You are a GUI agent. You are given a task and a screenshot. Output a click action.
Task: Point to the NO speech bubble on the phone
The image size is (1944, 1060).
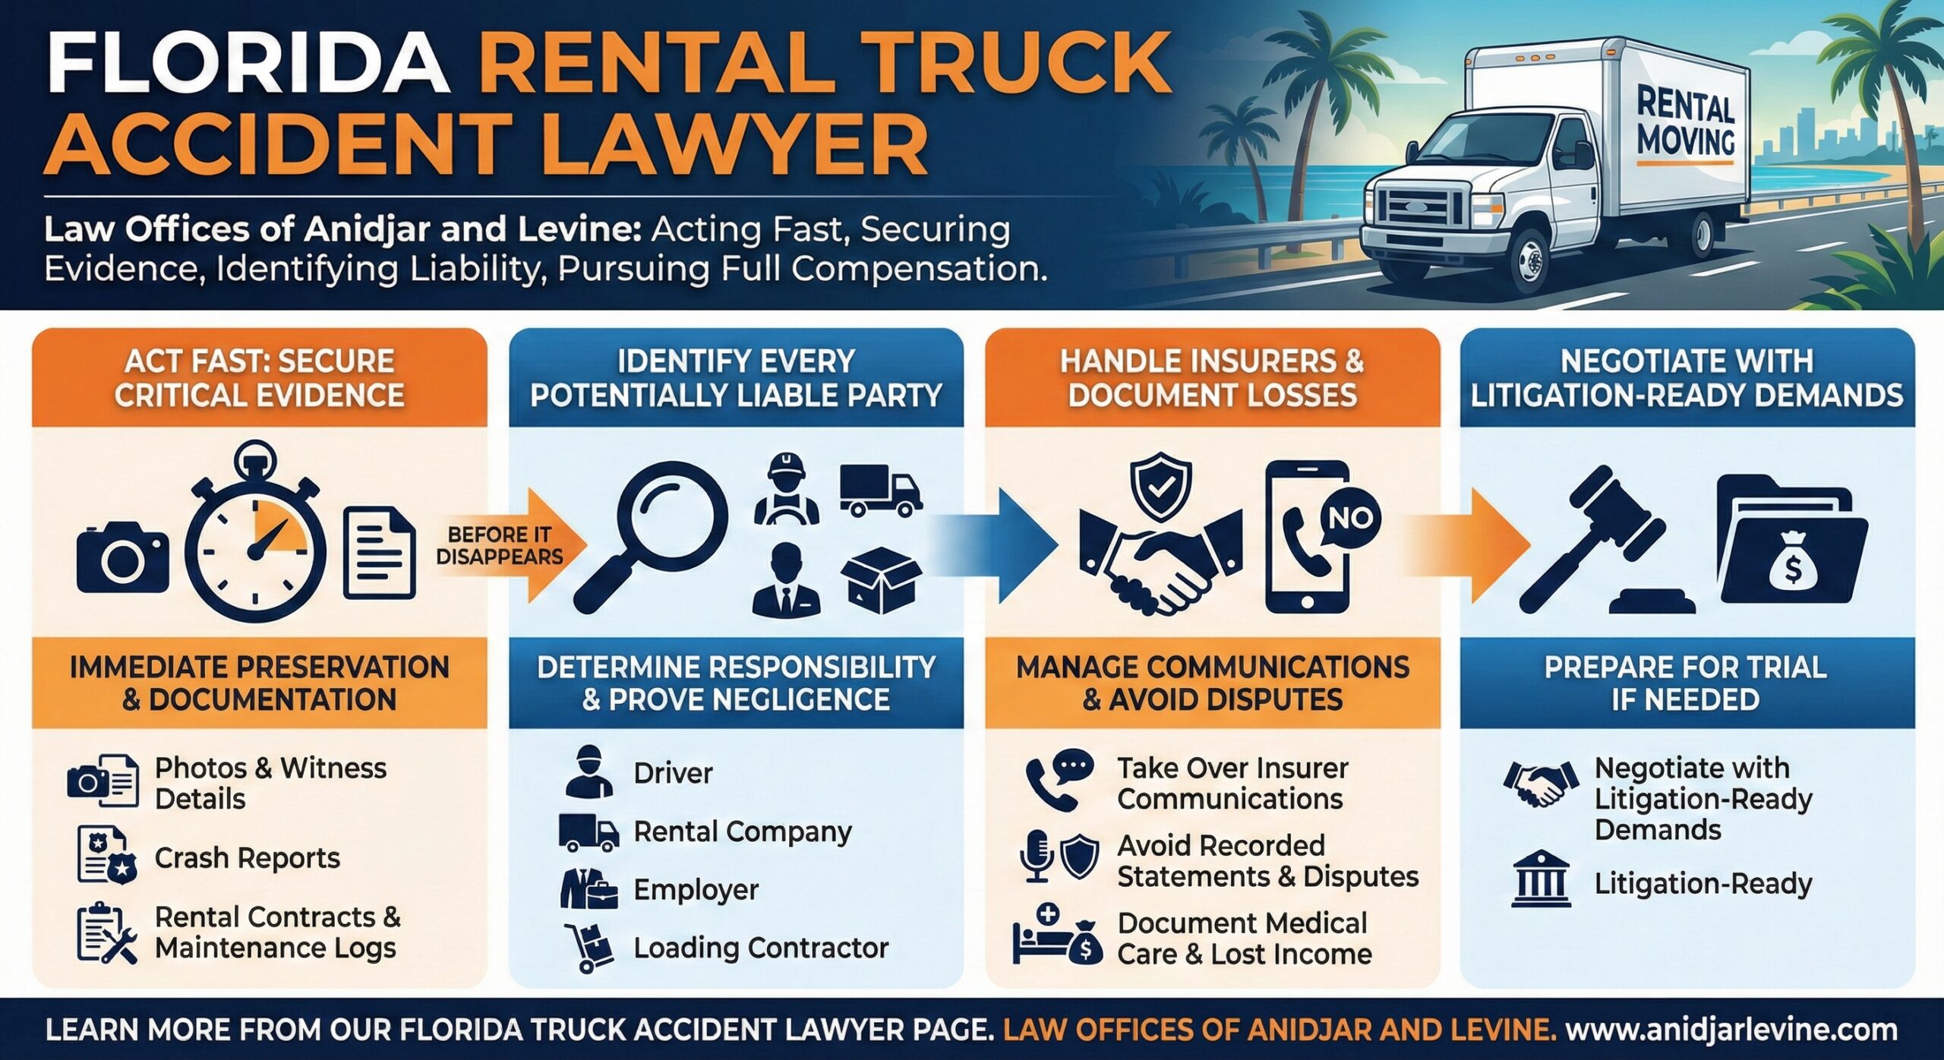[x=1349, y=518]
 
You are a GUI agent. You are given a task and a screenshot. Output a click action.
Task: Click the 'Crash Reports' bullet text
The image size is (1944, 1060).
[x=247, y=858]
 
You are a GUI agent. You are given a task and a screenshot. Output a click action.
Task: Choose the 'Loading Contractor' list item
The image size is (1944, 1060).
[x=760, y=948]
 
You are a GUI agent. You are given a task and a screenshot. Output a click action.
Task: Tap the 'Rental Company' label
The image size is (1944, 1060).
[x=742, y=831]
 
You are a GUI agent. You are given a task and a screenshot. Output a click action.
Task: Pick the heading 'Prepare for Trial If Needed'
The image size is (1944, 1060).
[x=1686, y=683]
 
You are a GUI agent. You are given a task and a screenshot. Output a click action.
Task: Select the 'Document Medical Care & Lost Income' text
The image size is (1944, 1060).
[x=1244, y=939]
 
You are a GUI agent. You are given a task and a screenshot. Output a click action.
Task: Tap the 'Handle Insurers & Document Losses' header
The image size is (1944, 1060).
[x=1212, y=377]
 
